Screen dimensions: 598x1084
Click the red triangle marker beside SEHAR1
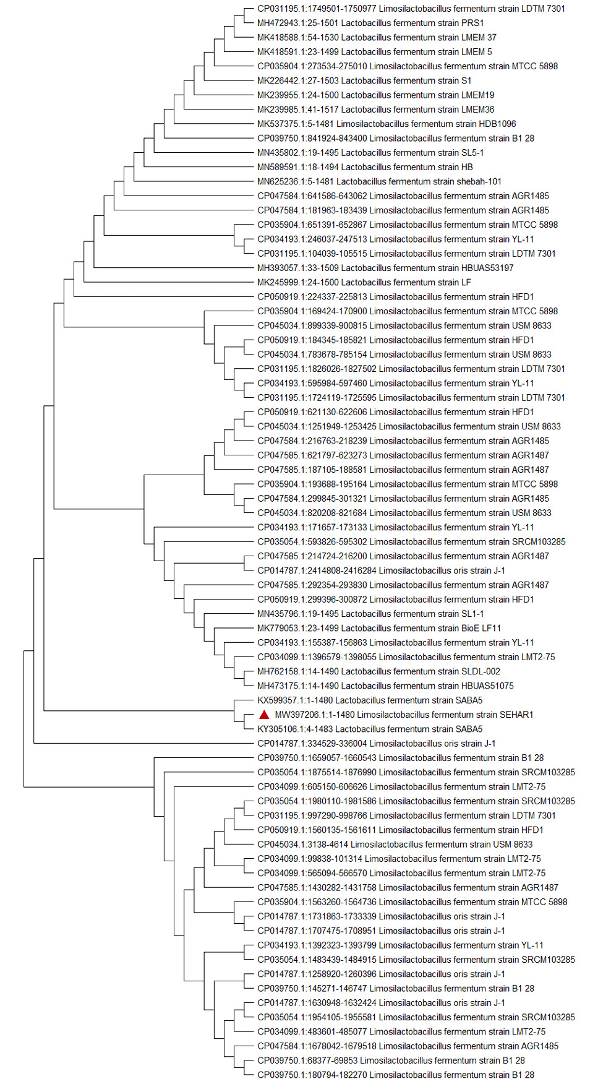pyautogui.click(x=264, y=715)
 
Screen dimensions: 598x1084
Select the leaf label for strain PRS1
pyautogui.click(x=370, y=23)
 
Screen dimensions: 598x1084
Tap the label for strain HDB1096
pyautogui.click(x=387, y=124)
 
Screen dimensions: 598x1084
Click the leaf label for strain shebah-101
pyautogui.click(x=379, y=181)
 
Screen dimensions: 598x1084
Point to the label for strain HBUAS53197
pyautogui.click(x=385, y=268)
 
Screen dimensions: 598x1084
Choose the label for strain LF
pyautogui.click(x=364, y=282)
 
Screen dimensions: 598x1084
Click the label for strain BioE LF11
pyautogui.click(x=379, y=628)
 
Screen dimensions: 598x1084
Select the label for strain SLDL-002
pyautogui.click(x=378, y=671)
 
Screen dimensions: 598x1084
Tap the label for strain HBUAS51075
pyautogui.click(x=385, y=686)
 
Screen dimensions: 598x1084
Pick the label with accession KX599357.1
pyautogui.click(x=370, y=700)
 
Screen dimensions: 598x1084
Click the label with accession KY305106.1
pyautogui.click(x=370, y=729)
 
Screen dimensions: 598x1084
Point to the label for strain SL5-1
pyautogui.click(x=370, y=153)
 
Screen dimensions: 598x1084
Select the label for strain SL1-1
pyautogui.click(x=370, y=614)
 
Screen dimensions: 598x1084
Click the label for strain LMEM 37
pyautogui.click(x=377, y=37)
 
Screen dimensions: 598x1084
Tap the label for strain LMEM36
pyautogui.click(x=375, y=110)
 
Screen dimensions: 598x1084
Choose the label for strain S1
pyautogui.click(x=364, y=80)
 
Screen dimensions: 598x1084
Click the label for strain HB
pyautogui.click(x=365, y=167)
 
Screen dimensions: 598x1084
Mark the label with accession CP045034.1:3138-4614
pyautogui.click(x=395, y=845)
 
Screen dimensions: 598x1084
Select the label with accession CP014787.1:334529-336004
pyautogui.click(x=376, y=744)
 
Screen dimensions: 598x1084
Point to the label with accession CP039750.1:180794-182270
pyautogui.click(x=396, y=1075)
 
